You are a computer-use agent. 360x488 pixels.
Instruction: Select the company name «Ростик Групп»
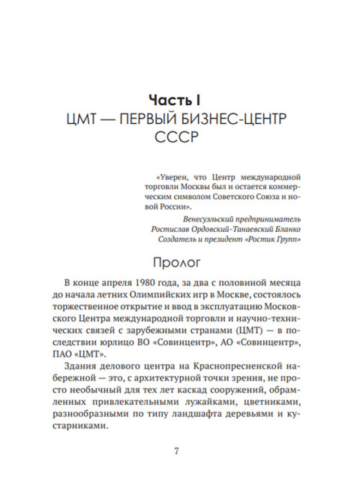(x=275, y=239)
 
